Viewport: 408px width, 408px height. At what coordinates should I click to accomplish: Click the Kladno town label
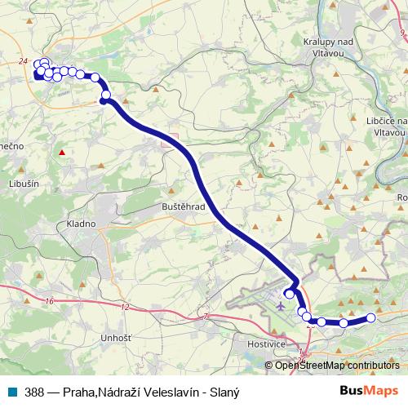click(82, 224)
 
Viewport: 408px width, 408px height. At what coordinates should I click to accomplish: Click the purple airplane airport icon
click(282, 307)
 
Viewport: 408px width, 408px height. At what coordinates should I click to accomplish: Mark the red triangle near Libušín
click(61, 152)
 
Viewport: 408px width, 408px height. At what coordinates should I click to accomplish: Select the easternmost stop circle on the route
click(371, 318)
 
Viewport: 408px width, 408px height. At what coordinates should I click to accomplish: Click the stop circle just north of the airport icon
click(289, 294)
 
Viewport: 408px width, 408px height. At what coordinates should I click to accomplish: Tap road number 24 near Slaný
click(22, 60)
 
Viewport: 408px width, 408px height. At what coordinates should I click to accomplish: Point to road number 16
click(51, 301)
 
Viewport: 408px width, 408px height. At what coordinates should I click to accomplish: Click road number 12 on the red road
click(125, 308)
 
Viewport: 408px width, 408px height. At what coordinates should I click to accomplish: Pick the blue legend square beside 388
click(13, 389)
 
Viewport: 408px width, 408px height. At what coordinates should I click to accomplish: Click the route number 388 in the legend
click(35, 389)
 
